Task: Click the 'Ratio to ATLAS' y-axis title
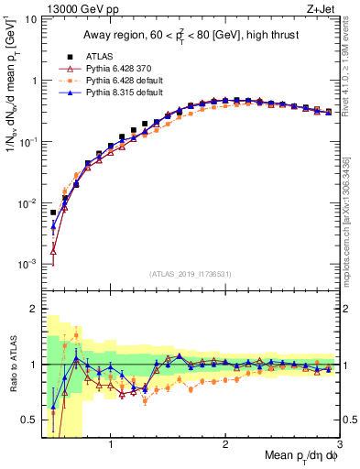click(12, 364)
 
